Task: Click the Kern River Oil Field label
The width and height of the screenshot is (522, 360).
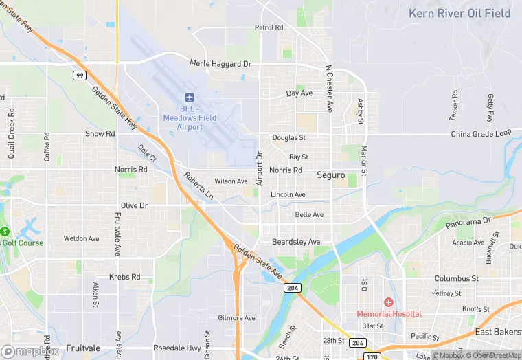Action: coord(459,13)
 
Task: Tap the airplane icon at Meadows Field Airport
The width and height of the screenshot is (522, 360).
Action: coord(190,98)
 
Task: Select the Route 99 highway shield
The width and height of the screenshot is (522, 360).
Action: coord(80,75)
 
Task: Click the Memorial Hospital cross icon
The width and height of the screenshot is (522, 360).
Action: coord(388,302)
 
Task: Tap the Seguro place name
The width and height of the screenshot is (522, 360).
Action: coord(330,175)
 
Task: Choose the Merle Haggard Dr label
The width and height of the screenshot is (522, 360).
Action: coord(220,64)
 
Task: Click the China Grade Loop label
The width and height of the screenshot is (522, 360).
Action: coord(481,133)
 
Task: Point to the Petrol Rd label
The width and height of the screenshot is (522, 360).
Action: coord(269,27)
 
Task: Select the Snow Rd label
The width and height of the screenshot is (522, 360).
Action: coord(100,133)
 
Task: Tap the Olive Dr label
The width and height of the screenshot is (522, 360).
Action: coord(134,205)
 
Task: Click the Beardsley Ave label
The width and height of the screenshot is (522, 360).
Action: coord(296,242)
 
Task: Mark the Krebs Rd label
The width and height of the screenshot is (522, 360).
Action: coord(124,277)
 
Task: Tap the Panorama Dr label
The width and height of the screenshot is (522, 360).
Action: coord(468,222)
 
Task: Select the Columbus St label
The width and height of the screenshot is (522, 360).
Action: coord(456,278)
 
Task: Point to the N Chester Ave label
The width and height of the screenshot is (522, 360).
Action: coord(329,89)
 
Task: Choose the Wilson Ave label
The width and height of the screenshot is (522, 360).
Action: coord(231,181)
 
